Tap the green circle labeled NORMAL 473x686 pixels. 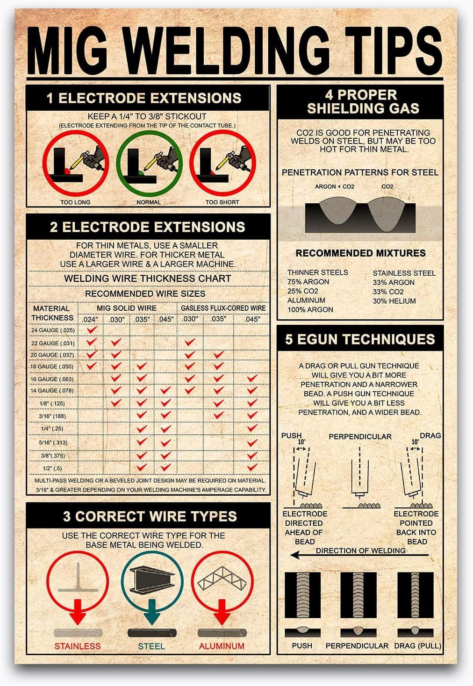pyautogui.click(x=149, y=164)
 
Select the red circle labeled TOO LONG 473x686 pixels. pyautogui.click(x=76, y=164)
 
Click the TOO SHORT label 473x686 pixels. pyautogui.click(x=222, y=202)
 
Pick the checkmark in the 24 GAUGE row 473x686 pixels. pyautogui.click(x=92, y=330)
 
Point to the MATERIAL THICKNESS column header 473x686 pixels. pyautogui.click(x=52, y=313)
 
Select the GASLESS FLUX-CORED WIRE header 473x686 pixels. pyautogui.click(x=223, y=308)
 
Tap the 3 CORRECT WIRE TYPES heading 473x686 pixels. pyautogui.click(x=150, y=516)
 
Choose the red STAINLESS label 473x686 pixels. pyautogui.click(x=78, y=646)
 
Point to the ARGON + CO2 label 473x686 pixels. pyautogui.click(x=335, y=186)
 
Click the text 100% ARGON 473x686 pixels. pyautogui.click(x=310, y=309)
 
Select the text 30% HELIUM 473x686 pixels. pyautogui.click(x=394, y=301)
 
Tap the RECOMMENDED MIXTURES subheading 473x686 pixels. pyautogui.click(x=360, y=253)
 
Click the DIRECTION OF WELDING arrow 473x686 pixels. pyautogui.click(x=360, y=555)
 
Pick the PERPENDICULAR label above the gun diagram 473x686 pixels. pyautogui.click(x=360, y=436)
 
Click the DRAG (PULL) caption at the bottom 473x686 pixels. pyautogui.click(x=417, y=646)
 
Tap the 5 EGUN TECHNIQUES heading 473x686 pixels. pyautogui.click(x=360, y=339)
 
